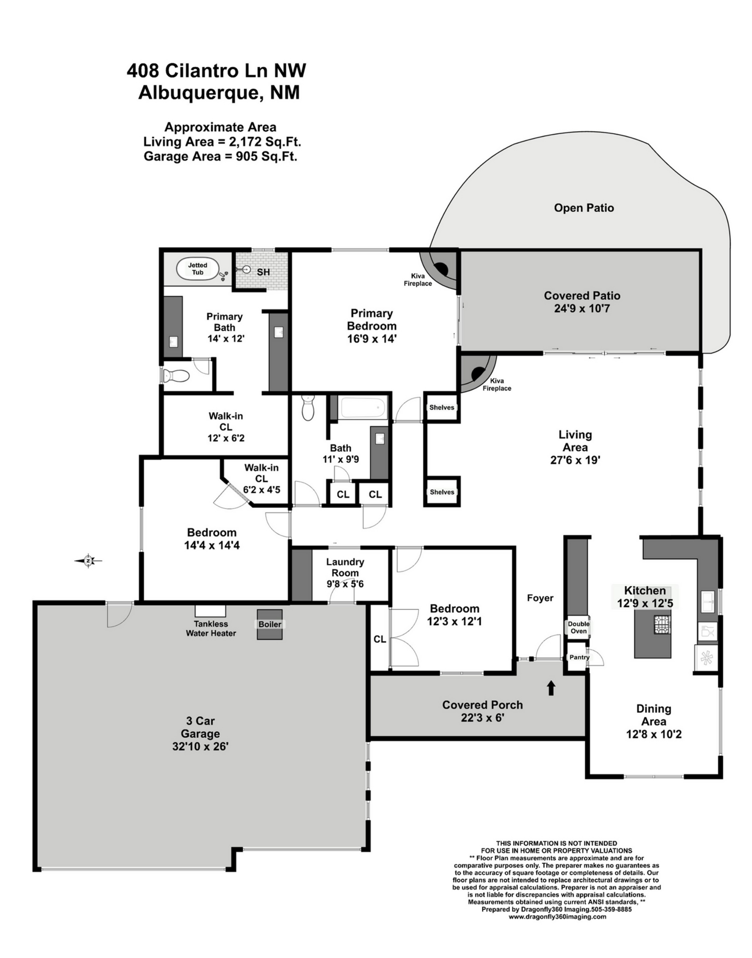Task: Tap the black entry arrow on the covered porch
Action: pyautogui.click(x=551, y=688)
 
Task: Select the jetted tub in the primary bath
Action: pyautogui.click(x=197, y=269)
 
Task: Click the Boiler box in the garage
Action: pyautogui.click(x=270, y=624)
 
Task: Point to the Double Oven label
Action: pyautogui.click(x=578, y=627)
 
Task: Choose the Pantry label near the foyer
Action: pyautogui.click(x=579, y=657)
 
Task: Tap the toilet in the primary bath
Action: pyautogui.click(x=175, y=375)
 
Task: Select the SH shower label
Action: pyautogui.click(x=263, y=272)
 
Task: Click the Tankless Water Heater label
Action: pyautogui.click(x=211, y=628)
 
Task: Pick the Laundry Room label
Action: pyautogui.click(x=345, y=567)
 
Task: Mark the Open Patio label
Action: pyautogui.click(x=584, y=208)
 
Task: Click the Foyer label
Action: pyautogui.click(x=540, y=598)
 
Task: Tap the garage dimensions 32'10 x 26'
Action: pyautogui.click(x=200, y=746)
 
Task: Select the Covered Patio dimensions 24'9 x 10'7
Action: pyautogui.click(x=582, y=308)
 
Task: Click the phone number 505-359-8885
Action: pyautogui.click(x=611, y=910)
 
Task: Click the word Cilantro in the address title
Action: pyautogui.click(x=202, y=71)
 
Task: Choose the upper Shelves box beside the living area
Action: pyautogui.click(x=442, y=408)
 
